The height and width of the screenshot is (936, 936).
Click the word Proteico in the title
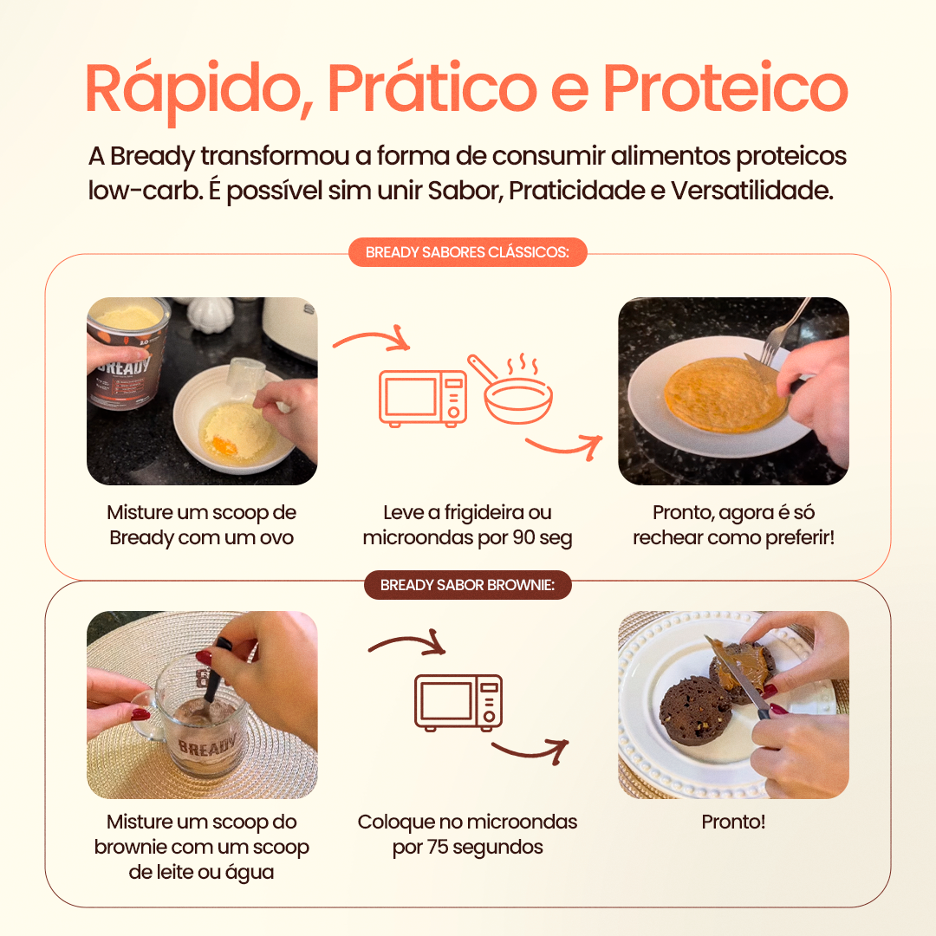coord(725,88)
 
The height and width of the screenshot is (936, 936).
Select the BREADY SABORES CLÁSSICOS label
coord(467,252)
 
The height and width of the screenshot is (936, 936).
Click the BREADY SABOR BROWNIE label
coord(467,585)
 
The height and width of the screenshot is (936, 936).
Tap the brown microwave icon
coord(458,702)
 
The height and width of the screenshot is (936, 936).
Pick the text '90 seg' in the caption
coord(543,537)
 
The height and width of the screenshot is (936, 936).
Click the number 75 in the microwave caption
coord(438,847)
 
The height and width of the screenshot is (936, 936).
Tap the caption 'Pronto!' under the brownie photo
coord(733,822)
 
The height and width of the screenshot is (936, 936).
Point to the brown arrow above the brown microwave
coord(406,646)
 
